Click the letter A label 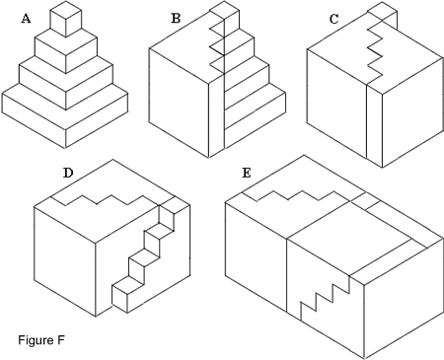coord(26,19)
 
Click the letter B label coord(176,18)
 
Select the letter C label coord(333,20)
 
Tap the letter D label coord(68,173)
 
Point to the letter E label coord(247,173)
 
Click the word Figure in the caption coord(36,340)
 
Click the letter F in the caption coord(61,339)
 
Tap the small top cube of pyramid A coord(65,19)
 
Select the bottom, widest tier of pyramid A coord(65,115)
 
